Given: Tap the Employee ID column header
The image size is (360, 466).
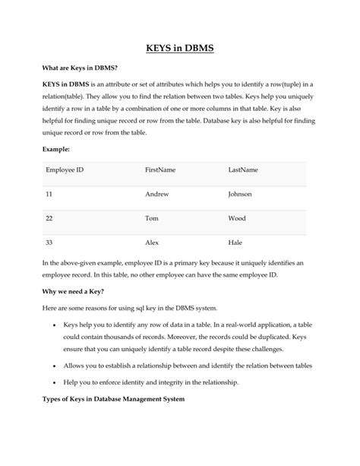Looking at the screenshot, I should coord(65,170).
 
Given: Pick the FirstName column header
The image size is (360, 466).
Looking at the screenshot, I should coord(160,170).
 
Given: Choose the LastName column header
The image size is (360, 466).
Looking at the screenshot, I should coord(243,170).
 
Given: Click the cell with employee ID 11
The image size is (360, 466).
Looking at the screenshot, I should coord(49,195).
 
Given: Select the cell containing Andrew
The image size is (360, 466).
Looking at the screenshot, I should coord(157,195).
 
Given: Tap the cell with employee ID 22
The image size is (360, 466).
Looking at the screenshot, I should coord(49,218).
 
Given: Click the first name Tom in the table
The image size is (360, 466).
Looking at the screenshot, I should coord(152,218).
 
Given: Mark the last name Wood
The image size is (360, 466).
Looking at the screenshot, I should coord(237,218).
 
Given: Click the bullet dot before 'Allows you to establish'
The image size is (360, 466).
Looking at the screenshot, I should coord(54,366).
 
